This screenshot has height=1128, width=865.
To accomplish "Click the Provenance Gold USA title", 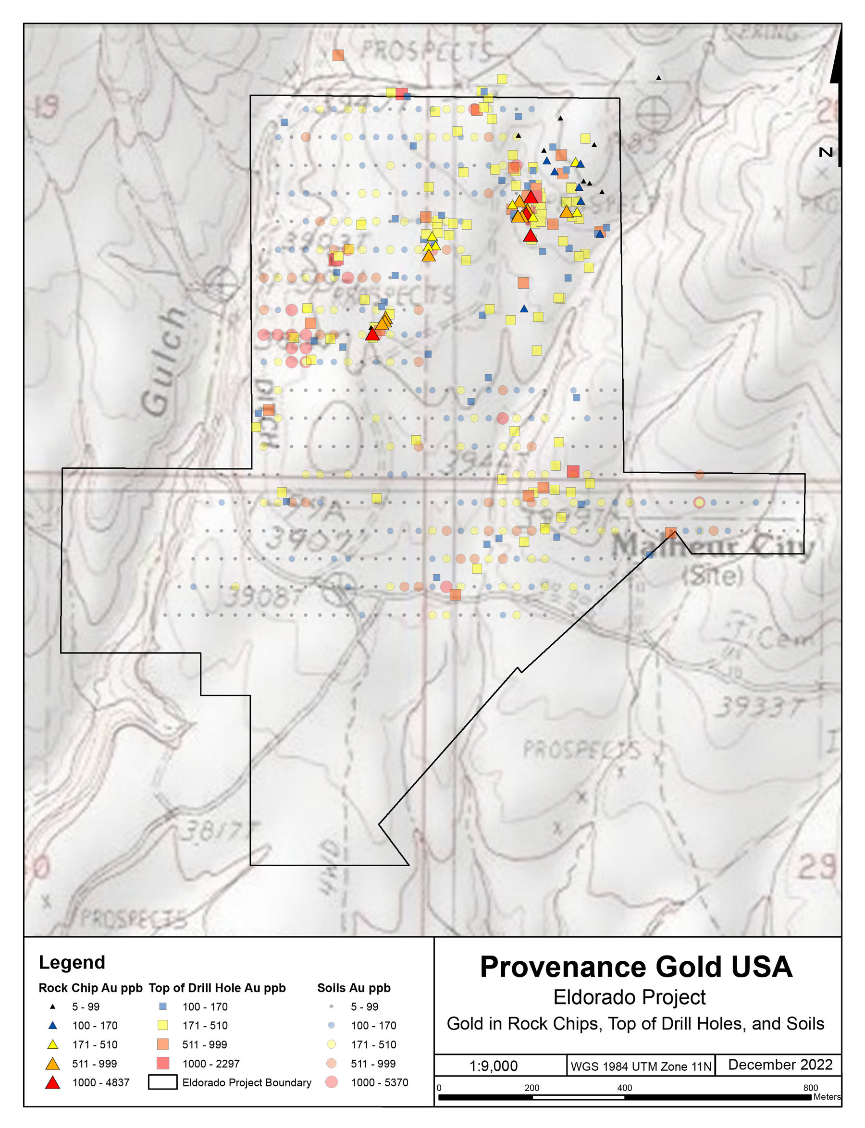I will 636,967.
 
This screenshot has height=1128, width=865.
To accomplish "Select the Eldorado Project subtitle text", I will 629,997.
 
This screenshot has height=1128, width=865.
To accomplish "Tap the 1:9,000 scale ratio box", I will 493,1066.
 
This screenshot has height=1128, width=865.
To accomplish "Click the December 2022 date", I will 779,1065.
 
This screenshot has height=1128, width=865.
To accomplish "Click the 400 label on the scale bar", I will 624,1087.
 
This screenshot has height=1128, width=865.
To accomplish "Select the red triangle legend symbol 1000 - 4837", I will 52,1083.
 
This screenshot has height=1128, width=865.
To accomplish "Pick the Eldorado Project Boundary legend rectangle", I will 162,1082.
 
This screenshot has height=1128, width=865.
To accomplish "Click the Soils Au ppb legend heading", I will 354,988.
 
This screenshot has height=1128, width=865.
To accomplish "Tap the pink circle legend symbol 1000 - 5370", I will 331,1082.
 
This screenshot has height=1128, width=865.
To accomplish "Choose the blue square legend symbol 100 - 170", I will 163,1006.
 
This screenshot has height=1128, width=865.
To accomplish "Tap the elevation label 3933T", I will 757,707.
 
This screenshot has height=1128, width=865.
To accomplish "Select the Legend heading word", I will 72,962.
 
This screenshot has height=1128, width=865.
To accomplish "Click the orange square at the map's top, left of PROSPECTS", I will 338,55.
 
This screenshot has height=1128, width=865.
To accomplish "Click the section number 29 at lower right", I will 816,866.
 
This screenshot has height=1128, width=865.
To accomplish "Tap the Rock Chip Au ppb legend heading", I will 90,988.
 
